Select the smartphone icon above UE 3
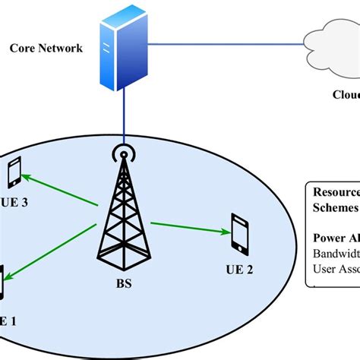[x=14, y=173]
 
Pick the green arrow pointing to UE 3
[x=61, y=190]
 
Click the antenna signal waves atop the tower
[x=120, y=153]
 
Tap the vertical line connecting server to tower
[x=120, y=114]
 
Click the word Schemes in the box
[x=334, y=208]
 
